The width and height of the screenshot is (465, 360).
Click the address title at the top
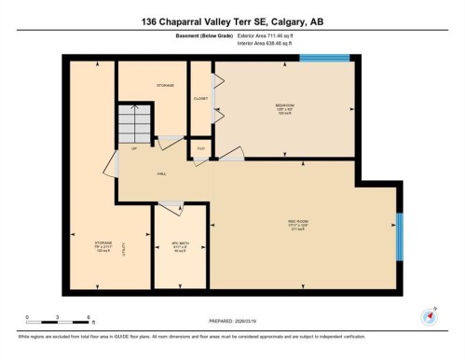[x=232, y=21]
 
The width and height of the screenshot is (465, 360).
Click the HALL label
[x=161, y=174]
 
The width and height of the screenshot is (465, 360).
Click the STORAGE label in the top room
[x=166, y=87]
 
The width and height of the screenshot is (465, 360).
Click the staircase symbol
[x=133, y=123]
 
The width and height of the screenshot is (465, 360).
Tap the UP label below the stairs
[x=134, y=149]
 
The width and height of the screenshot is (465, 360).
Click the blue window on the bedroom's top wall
[x=323, y=58]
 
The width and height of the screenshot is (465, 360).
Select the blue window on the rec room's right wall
[x=399, y=238]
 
